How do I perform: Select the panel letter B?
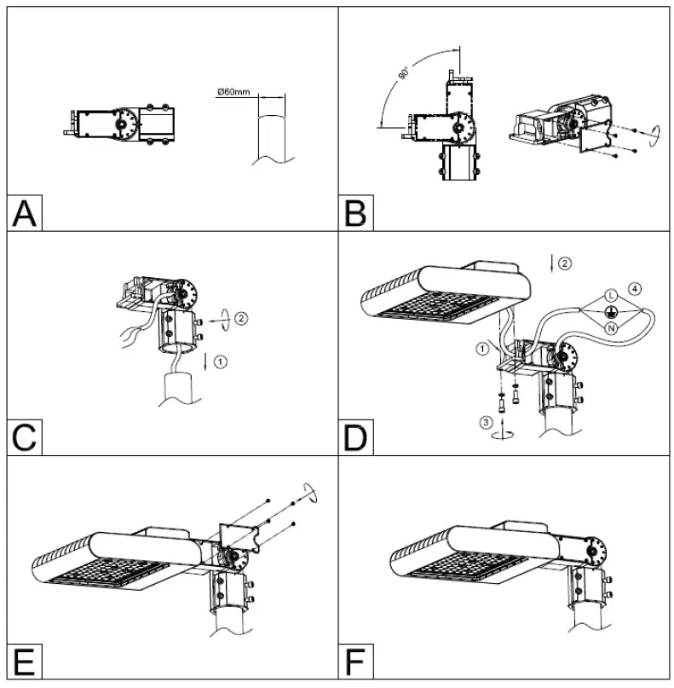point(357,212)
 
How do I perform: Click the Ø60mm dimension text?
point(233,91)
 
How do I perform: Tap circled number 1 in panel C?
point(222,361)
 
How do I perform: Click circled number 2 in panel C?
point(242,318)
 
